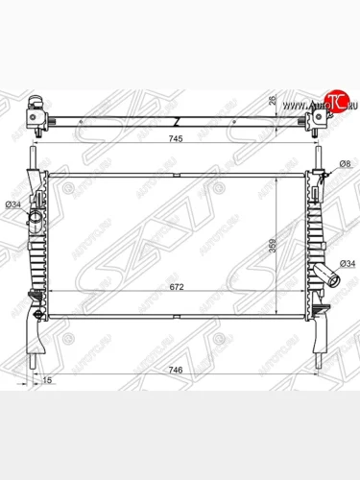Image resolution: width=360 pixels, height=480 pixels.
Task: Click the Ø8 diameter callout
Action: (x=342, y=165)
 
